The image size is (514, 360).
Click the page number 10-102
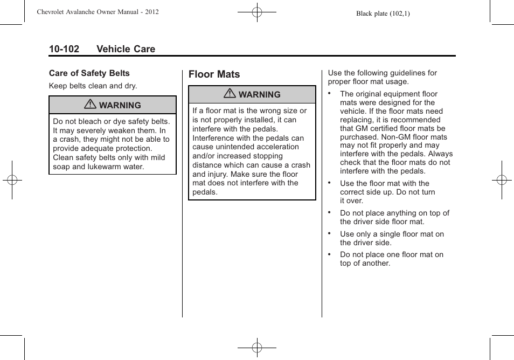pos(64,49)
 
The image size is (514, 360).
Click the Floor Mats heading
pos(214,74)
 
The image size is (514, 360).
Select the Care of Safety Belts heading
pos(89,73)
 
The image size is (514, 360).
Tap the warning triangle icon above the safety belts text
pos(91,105)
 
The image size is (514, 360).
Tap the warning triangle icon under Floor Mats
pos(231,94)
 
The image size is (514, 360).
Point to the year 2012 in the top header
pos(151,12)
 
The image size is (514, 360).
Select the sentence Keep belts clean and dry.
pos(93,86)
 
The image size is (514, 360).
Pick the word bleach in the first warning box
pos(90,122)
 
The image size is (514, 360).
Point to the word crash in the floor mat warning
pos(301,165)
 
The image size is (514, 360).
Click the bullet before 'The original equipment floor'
pos(329,92)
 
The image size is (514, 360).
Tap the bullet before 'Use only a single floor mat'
pos(329,232)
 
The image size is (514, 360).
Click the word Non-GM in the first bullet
pos(402,137)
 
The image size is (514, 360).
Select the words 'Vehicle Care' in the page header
pos(126,49)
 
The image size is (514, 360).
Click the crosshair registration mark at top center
pos(257,11)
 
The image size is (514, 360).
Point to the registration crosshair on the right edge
pos(502,180)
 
